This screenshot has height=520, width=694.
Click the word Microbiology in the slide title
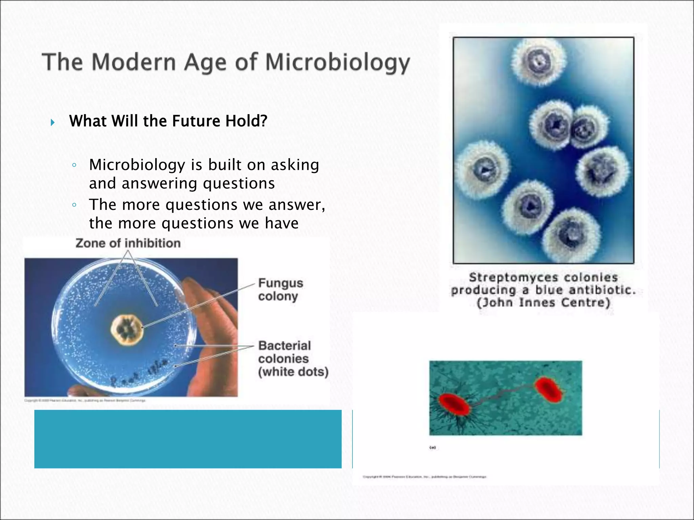coord(337,63)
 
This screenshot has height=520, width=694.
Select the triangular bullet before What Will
coord(53,122)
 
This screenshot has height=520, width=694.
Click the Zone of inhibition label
coord(128,243)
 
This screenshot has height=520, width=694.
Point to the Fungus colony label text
coord(280,289)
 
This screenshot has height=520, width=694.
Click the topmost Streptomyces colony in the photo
coord(538,62)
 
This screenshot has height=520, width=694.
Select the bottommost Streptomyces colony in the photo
coord(572,234)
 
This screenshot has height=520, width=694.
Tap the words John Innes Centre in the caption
coord(543,302)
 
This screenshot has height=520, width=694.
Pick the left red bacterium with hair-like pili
coord(454,405)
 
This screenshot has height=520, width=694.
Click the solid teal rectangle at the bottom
coord(188,439)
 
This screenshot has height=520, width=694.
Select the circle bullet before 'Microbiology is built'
coord(74,166)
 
